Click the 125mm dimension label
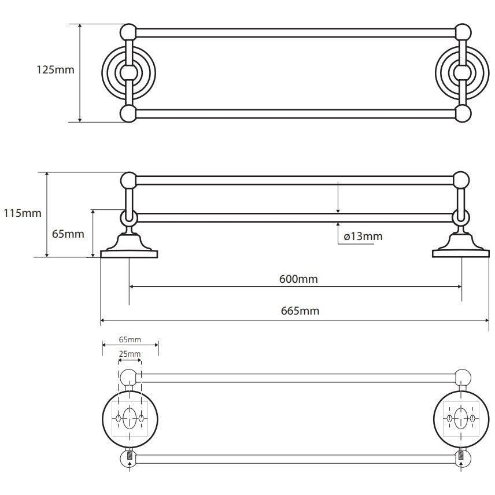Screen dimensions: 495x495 tap(56, 69)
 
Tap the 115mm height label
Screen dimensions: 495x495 tap(23, 213)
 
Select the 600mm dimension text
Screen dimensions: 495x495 tap(298, 279)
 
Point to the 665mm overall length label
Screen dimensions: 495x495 tap(300, 311)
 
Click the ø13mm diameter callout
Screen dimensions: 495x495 tap(363, 236)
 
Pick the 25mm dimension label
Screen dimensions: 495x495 tap(130, 354)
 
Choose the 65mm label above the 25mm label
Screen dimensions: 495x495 tap(130, 339)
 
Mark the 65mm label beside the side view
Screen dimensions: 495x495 tap(68, 234)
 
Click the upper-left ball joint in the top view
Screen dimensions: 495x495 tap(128, 32)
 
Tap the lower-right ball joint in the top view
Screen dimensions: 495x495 tap(463, 113)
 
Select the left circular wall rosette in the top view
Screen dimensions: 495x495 tap(128, 72)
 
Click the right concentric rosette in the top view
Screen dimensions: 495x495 tap(463, 72)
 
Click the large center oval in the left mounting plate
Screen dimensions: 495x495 tap(130, 418)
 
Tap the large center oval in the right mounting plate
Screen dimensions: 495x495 tap(460, 418)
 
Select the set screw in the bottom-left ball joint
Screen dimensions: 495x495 tap(129, 456)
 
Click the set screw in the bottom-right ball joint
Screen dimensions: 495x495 tap(461, 456)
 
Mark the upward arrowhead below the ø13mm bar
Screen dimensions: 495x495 tap(338, 225)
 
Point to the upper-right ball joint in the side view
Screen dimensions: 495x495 tap(461, 180)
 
